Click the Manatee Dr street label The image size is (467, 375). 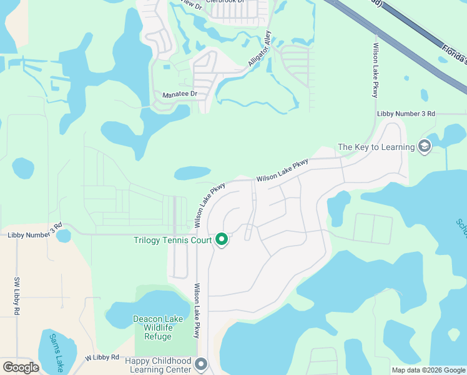pyautogui.click(x=180, y=94)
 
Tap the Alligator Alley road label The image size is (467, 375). pyautogui.click(x=260, y=48)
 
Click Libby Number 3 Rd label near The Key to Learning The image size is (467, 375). pyautogui.click(x=406, y=114)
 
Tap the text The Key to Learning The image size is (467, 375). pyautogui.click(x=376, y=147)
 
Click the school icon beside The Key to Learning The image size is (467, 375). pyautogui.click(x=425, y=147)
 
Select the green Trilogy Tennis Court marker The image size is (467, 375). pyautogui.click(x=221, y=239)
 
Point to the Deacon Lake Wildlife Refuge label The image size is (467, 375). pyautogui.click(x=157, y=327)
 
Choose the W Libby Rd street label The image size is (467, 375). pyautogui.click(x=102, y=357)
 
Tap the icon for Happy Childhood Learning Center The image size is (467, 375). pyautogui.click(x=200, y=363)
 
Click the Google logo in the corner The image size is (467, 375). pyautogui.click(x=21, y=367)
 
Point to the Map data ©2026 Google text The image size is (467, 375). pyautogui.click(x=428, y=370)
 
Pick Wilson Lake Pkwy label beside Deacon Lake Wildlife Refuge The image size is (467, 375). pyautogui.click(x=197, y=311)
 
